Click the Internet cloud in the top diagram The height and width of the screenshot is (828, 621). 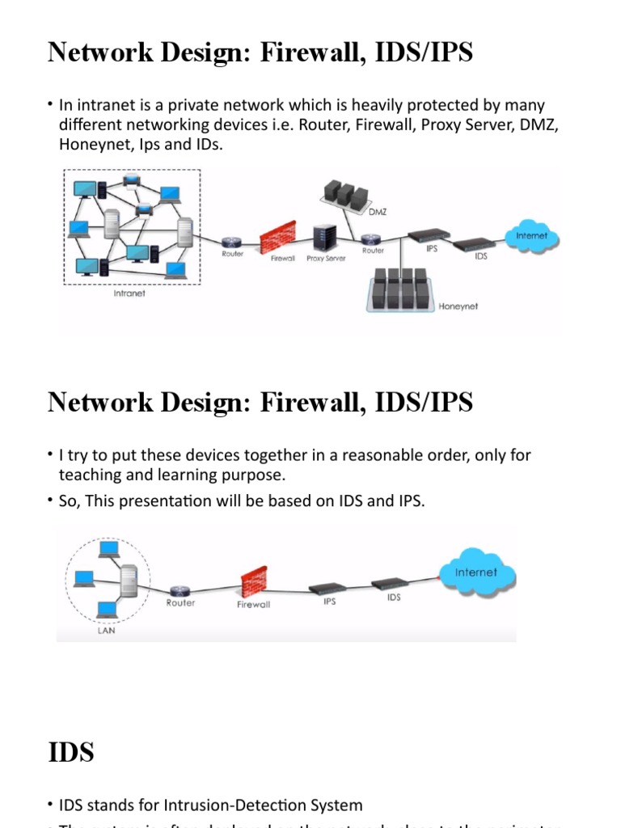pyautogui.click(x=531, y=237)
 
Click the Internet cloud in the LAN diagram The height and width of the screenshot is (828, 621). pyautogui.click(x=476, y=573)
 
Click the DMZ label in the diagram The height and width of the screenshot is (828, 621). pyautogui.click(x=378, y=212)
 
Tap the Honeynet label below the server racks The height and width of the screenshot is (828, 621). pyautogui.click(x=458, y=307)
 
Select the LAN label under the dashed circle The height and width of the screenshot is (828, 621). pyautogui.click(x=106, y=631)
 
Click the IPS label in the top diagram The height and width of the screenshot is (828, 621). pyautogui.click(x=432, y=249)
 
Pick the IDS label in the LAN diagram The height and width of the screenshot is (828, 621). pyautogui.click(x=394, y=598)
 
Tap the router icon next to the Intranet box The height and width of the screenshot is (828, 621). pyautogui.click(x=232, y=241)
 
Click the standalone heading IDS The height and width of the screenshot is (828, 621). pyautogui.click(x=71, y=752)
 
